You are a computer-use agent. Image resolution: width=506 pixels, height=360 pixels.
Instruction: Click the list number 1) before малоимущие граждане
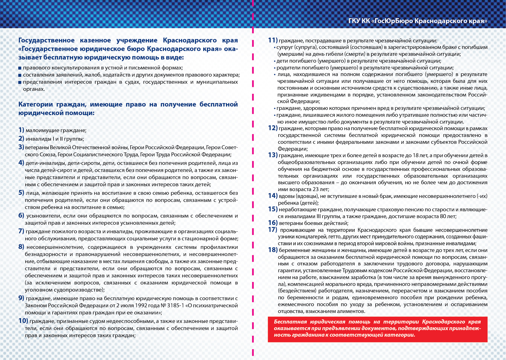coord(21,130)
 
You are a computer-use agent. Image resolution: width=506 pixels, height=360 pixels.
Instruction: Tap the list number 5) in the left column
coord(21,193)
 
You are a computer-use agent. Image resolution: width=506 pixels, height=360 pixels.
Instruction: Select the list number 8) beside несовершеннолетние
coord(21,247)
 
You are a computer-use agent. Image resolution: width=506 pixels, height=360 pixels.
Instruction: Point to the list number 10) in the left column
coord(23,321)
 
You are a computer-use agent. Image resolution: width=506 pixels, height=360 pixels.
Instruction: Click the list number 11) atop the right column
coord(273,40)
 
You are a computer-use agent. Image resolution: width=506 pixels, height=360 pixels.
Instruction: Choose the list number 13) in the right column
coord(273,155)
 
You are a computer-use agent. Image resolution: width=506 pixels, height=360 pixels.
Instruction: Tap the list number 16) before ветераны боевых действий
coord(273,223)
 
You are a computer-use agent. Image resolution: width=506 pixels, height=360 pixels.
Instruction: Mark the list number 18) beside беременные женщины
coord(273,250)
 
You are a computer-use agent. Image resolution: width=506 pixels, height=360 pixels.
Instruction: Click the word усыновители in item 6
coord(42,216)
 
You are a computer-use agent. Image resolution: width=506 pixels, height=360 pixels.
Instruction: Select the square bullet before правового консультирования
coord(20,68)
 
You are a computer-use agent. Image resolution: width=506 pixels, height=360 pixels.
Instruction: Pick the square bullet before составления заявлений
coord(20,75)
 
